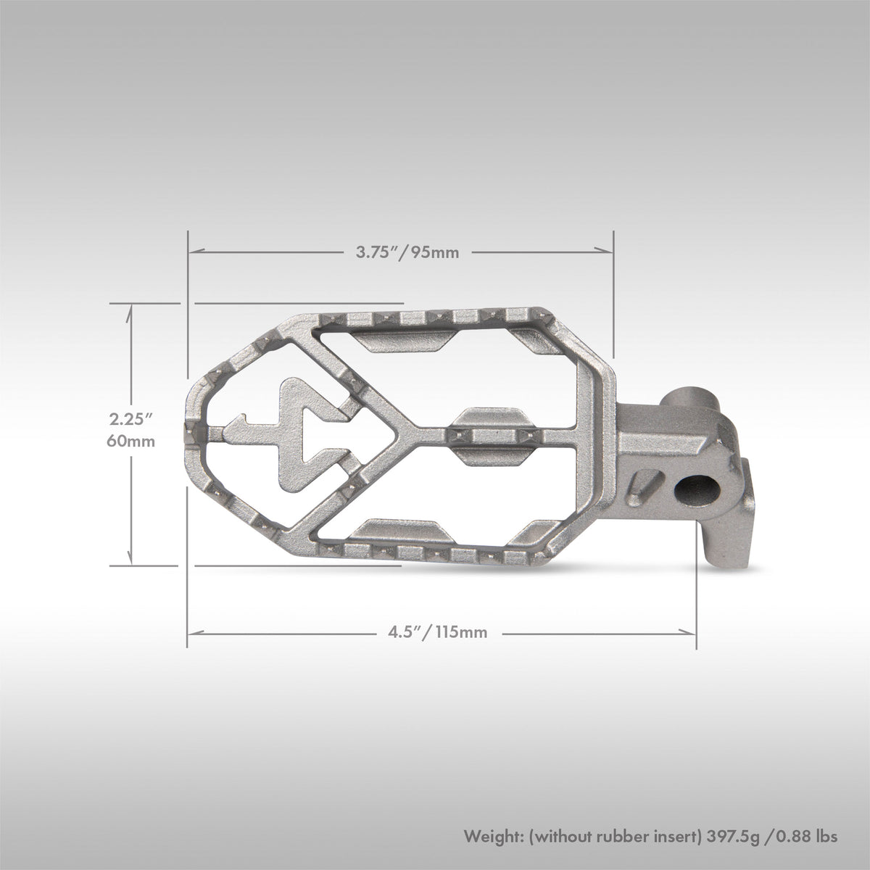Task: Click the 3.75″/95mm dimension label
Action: [407, 252]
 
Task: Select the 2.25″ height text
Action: [131, 419]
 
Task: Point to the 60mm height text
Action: [131, 441]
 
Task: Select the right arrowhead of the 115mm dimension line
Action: [691, 632]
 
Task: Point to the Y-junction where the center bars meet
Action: [410, 434]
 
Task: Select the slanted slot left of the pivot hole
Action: [647, 484]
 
